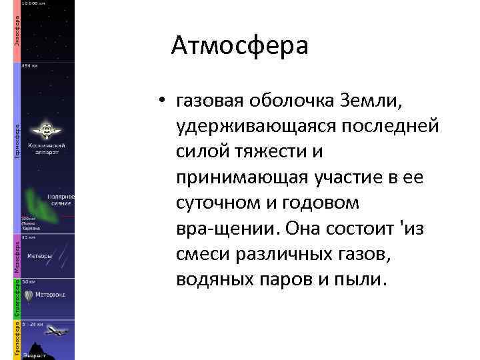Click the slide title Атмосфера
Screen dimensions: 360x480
(x=239, y=47)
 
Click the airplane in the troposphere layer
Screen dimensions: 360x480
(x=58, y=330)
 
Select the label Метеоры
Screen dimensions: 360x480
(x=39, y=255)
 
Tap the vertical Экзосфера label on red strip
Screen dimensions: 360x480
(x=17, y=31)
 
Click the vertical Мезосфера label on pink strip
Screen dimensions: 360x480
(x=17, y=257)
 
